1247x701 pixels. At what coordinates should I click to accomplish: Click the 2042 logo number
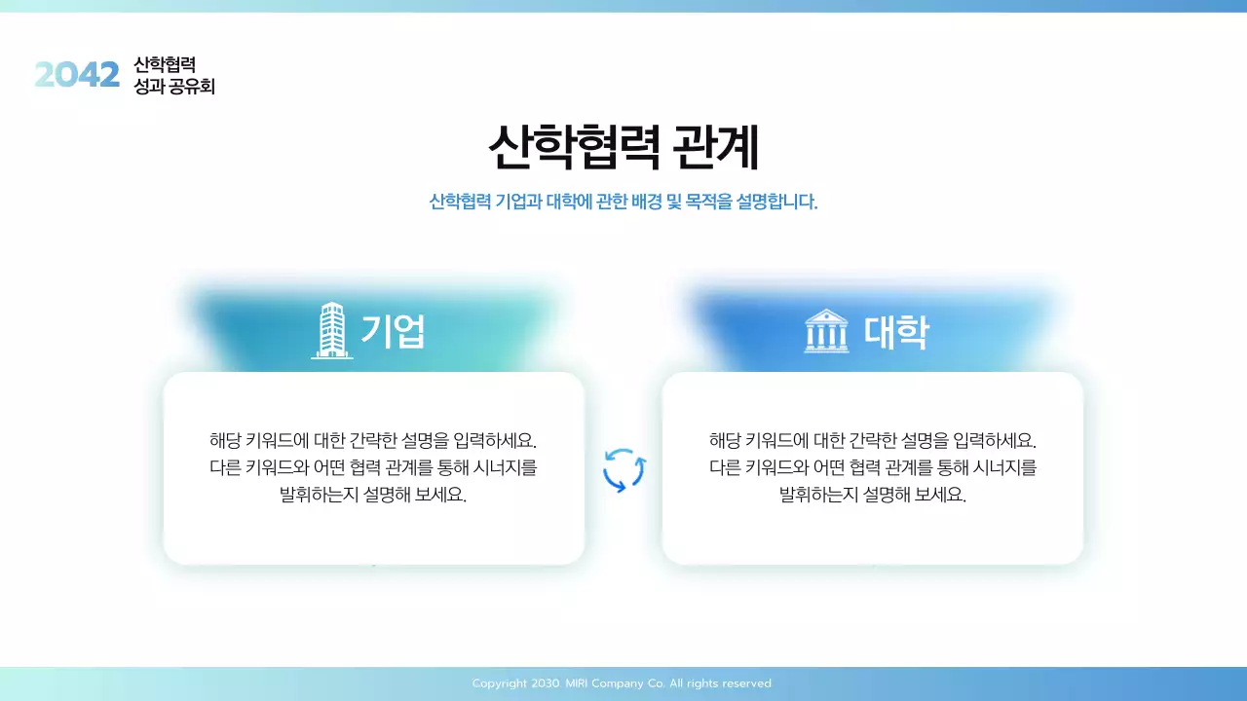pos(77,75)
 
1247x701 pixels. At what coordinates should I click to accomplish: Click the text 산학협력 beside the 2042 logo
pos(165,64)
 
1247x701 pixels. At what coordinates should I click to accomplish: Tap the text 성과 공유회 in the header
pos(174,87)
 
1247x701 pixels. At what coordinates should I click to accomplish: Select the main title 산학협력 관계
pos(623,148)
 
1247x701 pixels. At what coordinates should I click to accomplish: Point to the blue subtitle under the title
pos(623,203)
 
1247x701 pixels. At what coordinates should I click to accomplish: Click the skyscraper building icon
pos(332,331)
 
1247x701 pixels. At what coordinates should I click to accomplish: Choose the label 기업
pos(393,332)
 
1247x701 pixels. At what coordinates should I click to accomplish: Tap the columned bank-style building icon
pos(826,332)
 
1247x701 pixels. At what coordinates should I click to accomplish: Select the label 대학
pos(896,332)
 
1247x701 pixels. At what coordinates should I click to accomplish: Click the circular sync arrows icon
pos(624,470)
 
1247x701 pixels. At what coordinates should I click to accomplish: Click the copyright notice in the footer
pos(622,683)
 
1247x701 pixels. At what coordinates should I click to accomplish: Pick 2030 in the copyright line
pos(546,683)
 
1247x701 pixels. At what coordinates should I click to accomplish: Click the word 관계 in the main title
pos(715,148)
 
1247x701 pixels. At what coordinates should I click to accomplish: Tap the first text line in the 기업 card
pos(373,440)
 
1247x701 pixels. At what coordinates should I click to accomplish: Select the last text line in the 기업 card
pos(373,495)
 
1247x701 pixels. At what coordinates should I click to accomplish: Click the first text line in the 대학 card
pos(873,440)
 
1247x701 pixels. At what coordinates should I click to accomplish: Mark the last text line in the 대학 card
pos(873,495)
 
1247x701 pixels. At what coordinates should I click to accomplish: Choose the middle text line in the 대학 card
pos(873,467)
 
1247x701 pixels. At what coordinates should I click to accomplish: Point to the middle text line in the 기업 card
pos(373,467)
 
